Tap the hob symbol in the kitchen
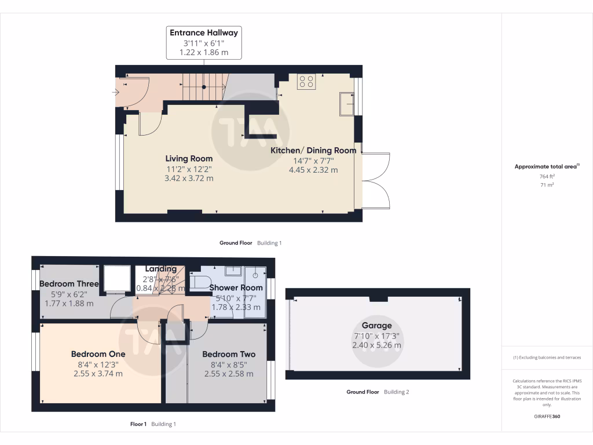coord(306,82)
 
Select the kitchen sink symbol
coord(347,103)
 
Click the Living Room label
coord(189,158)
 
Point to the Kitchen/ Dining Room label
coord(313,150)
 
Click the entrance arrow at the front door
coord(118,91)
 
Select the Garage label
coord(376,326)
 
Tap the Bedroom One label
coord(98,354)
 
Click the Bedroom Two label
coord(229,354)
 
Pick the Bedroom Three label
coord(69,284)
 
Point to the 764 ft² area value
coord(547,176)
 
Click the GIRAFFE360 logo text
coord(547,416)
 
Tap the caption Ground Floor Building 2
coord(378,392)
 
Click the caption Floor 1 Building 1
coord(153,424)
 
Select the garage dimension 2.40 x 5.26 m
coord(376,345)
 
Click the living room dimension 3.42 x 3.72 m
coord(189,178)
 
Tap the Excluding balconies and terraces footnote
coord(547,358)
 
